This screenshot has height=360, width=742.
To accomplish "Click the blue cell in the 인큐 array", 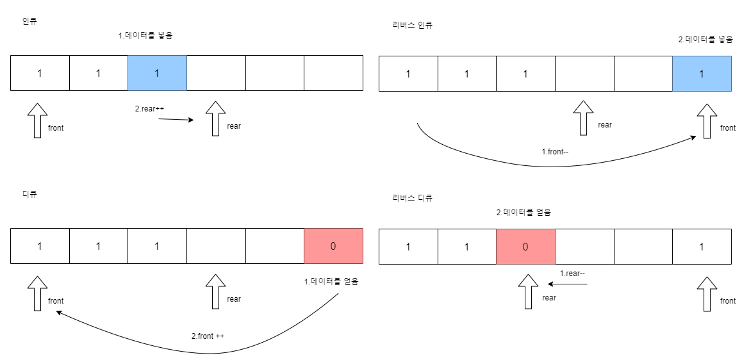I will click(x=157, y=73).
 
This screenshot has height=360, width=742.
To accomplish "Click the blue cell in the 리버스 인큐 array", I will click(x=702, y=74).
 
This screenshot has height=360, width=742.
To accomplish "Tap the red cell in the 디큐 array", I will click(x=333, y=246).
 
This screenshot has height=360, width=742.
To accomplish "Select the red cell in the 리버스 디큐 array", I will click(x=525, y=246).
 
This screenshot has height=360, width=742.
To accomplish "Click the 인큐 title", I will click(x=29, y=21).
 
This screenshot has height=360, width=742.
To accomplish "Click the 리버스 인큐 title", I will click(x=413, y=25).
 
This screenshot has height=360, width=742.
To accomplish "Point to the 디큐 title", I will click(x=29, y=193).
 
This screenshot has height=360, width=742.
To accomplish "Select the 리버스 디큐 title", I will click(x=413, y=198).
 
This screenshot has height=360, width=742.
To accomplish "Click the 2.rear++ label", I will click(x=149, y=109).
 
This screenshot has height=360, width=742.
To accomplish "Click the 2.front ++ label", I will click(x=208, y=336).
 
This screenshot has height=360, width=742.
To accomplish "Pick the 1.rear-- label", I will click(x=573, y=274).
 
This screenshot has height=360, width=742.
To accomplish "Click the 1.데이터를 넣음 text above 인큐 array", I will click(x=145, y=36).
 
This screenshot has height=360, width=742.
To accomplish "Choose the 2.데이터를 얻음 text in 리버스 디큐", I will click(x=524, y=212).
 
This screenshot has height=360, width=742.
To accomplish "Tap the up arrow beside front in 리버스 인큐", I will click(x=707, y=120).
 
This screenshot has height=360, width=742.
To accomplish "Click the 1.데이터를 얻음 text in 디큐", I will click(x=331, y=281).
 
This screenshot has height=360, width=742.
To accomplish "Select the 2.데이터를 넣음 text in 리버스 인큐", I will click(x=705, y=39).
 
